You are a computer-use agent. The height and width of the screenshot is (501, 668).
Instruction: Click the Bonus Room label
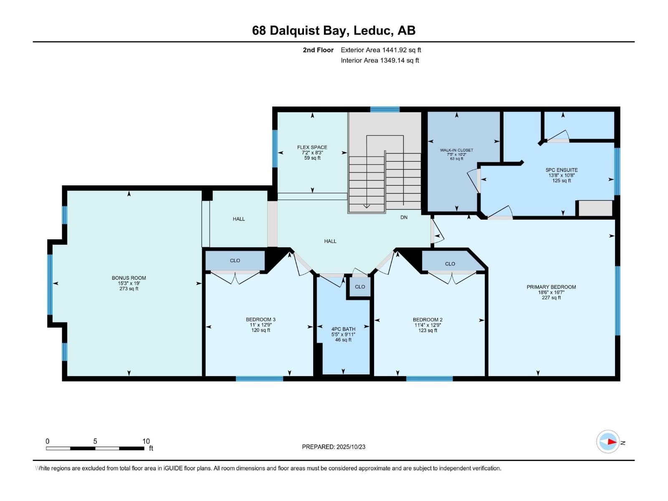[x=129, y=278]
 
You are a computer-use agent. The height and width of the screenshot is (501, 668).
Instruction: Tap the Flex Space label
[x=312, y=147]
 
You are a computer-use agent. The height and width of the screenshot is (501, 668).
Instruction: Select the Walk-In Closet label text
[x=456, y=150]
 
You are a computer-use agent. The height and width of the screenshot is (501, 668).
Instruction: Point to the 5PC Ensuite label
[x=562, y=170]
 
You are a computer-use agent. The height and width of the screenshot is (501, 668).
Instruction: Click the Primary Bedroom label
[x=551, y=287]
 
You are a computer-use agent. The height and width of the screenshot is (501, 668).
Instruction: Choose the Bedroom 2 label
[x=428, y=320]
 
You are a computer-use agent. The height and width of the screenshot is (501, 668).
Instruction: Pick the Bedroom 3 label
[x=261, y=320]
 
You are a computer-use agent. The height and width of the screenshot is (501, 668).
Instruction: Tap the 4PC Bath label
[x=343, y=329]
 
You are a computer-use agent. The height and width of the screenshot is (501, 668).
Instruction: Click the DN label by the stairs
[x=404, y=218]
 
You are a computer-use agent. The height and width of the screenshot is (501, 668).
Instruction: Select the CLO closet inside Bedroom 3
[x=235, y=261]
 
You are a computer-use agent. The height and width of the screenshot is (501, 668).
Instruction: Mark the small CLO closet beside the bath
[x=360, y=287]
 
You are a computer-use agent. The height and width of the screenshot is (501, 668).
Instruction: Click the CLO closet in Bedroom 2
[x=450, y=264]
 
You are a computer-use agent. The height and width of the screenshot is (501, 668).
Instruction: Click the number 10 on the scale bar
[x=146, y=441]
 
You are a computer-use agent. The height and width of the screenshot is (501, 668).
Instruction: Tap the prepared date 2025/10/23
[x=350, y=447]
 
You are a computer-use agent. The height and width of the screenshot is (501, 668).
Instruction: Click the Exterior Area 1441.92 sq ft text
[x=381, y=50]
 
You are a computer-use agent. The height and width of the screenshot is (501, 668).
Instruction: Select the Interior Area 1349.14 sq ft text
[x=380, y=61]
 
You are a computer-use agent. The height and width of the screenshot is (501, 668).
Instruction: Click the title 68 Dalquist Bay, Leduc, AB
[x=334, y=30]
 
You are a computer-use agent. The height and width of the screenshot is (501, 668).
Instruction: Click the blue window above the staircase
[x=385, y=109]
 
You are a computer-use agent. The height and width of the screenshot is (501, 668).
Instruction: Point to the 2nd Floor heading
[x=318, y=50]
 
